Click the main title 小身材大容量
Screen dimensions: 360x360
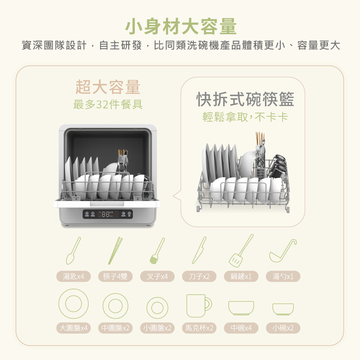point(181,27)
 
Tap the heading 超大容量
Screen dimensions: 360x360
point(108,87)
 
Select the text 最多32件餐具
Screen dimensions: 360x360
point(108,105)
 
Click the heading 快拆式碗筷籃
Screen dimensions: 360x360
point(245,99)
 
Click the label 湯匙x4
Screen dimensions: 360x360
point(73,276)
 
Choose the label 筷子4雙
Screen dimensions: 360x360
point(115,276)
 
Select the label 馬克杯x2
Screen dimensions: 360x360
point(199,328)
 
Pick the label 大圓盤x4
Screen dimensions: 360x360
point(73,328)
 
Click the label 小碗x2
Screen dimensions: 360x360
point(283,328)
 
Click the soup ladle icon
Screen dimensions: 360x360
point(283,251)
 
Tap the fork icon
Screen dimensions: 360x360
point(157,251)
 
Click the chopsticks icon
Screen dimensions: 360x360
point(115,251)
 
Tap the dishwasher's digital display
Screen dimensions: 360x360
point(107,214)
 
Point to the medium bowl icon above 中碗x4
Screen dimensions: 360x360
point(241,308)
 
